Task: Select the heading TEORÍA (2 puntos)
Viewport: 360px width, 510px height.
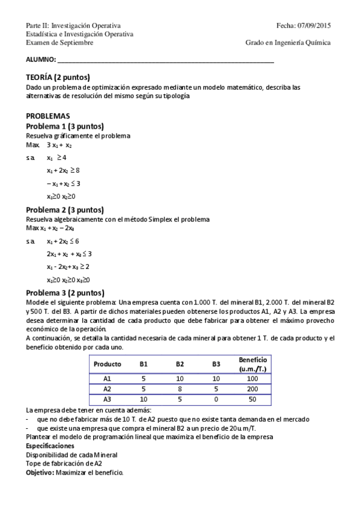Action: click(x=58, y=78)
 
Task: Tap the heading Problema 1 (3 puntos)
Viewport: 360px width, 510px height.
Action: click(x=65, y=126)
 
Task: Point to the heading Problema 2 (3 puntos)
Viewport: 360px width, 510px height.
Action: click(x=65, y=210)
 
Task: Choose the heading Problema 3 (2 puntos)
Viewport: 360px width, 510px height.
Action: click(x=65, y=293)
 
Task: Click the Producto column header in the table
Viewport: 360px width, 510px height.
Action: click(x=108, y=364)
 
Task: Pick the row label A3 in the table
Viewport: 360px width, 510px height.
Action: click(x=108, y=399)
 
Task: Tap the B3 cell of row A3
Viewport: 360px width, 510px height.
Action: click(x=216, y=399)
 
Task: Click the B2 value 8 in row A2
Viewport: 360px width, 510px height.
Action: click(x=180, y=389)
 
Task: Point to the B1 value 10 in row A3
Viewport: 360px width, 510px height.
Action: click(x=144, y=399)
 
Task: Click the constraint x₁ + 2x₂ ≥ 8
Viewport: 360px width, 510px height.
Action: click(x=63, y=171)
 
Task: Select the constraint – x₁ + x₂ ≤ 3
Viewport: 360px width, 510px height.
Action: click(x=63, y=183)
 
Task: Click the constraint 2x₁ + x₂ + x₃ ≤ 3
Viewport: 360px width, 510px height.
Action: click(x=69, y=254)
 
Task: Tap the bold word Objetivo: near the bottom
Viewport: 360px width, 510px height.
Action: click(x=40, y=473)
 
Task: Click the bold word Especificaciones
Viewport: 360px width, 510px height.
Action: click(x=50, y=446)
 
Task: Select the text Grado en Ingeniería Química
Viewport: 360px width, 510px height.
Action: click(x=288, y=43)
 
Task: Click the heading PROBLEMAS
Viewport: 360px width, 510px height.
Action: click(x=48, y=115)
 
